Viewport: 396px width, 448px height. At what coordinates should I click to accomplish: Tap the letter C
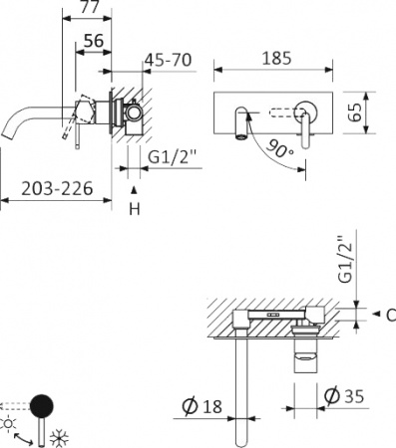point(390,317)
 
